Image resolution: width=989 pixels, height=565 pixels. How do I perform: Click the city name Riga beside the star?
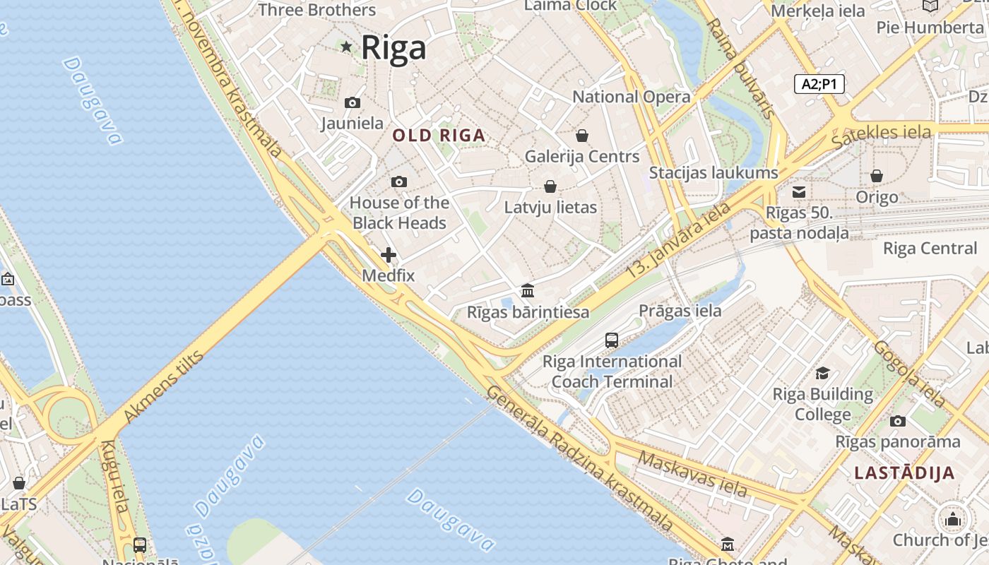pos(393,48)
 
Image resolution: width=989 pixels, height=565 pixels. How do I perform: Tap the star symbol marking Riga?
pos(346,47)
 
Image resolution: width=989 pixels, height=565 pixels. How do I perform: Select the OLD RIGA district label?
pos(439,136)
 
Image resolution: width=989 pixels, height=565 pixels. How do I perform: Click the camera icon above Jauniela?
pos(352,103)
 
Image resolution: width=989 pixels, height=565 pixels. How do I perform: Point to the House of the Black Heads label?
pos(399,213)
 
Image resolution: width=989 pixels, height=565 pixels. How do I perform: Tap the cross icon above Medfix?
pos(389,255)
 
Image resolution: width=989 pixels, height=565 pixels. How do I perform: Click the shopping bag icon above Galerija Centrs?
pos(582,135)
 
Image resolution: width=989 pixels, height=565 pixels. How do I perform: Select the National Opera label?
pos(631,97)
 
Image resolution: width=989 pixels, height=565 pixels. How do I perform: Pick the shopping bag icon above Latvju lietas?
pos(550,186)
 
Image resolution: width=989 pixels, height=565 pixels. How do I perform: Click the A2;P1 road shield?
pos(819,85)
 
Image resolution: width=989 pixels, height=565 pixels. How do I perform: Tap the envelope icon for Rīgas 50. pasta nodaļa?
pos(799,192)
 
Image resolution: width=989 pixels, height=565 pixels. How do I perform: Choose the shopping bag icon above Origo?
pos(877,176)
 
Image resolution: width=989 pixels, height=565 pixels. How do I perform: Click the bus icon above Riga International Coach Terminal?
pos(612,340)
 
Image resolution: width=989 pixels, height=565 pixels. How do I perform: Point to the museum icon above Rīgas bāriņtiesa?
pos(528,290)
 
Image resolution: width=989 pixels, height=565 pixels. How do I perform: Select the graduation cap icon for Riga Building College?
pos(822,373)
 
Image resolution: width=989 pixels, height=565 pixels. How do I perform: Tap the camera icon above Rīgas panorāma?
pos(897,421)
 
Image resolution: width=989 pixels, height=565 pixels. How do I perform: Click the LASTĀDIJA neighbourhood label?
pos(904,473)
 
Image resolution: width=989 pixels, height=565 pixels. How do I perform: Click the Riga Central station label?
pos(930,249)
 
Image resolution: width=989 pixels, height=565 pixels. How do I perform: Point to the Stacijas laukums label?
pos(713,172)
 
